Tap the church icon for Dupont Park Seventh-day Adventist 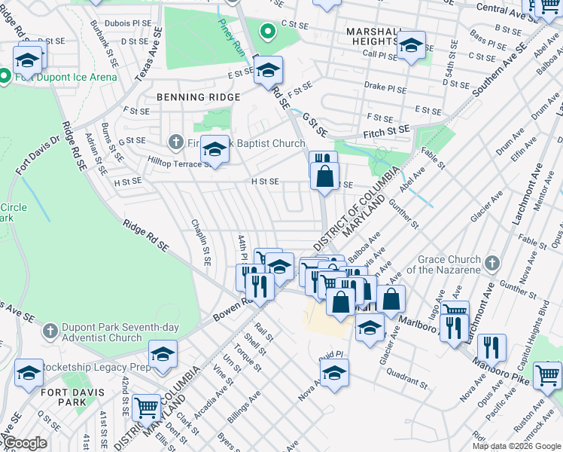click(50, 331)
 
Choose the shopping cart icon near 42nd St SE click(147, 407)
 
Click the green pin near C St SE click(266, 32)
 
